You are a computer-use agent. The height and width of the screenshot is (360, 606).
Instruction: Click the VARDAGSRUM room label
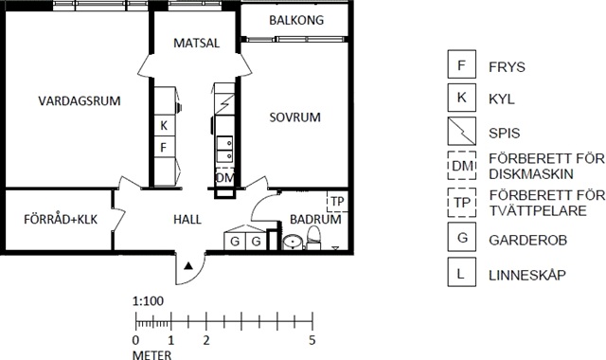click(x=80, y=101)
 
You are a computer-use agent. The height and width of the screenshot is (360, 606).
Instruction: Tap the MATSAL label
click(x=196, y=43)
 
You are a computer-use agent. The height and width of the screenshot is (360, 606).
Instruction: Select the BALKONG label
click(x=296, y=20)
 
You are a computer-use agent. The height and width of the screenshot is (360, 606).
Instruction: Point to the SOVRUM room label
click(x=294, y=117)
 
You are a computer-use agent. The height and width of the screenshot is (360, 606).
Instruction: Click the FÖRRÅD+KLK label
click(x=61, y=219)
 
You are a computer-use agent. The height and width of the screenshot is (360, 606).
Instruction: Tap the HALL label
click(x=187, y=220)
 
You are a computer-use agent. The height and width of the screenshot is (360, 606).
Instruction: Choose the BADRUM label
click(x=315, y=219)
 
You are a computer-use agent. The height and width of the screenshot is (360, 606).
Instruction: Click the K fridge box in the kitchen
click(x=164, y=125)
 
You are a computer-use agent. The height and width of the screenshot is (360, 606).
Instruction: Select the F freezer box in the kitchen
click(x=164, y=147)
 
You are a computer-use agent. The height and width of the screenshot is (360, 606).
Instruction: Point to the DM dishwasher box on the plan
click(x=224, y=178)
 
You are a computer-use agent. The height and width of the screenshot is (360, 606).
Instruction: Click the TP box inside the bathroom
click(x=337, y=201)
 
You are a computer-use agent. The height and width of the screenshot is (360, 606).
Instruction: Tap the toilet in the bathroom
click(x=313, y=238)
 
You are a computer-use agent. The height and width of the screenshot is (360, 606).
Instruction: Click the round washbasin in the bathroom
click(x=293, y=243)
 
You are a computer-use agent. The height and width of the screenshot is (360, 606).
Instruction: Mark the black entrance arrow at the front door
click(x=188, y=265)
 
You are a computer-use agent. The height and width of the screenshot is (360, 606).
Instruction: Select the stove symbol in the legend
click(x=461, y=131)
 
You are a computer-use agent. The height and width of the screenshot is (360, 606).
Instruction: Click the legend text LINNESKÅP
click(x=527, y=276)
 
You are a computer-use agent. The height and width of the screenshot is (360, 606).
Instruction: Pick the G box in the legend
click(x=461, y=237)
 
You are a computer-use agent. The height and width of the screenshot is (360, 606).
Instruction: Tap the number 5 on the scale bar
click(x=312, y=340)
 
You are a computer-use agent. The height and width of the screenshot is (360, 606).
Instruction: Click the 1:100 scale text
click(x=148, y=301)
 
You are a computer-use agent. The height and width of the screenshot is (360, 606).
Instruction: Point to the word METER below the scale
click(x=151, y=355)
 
